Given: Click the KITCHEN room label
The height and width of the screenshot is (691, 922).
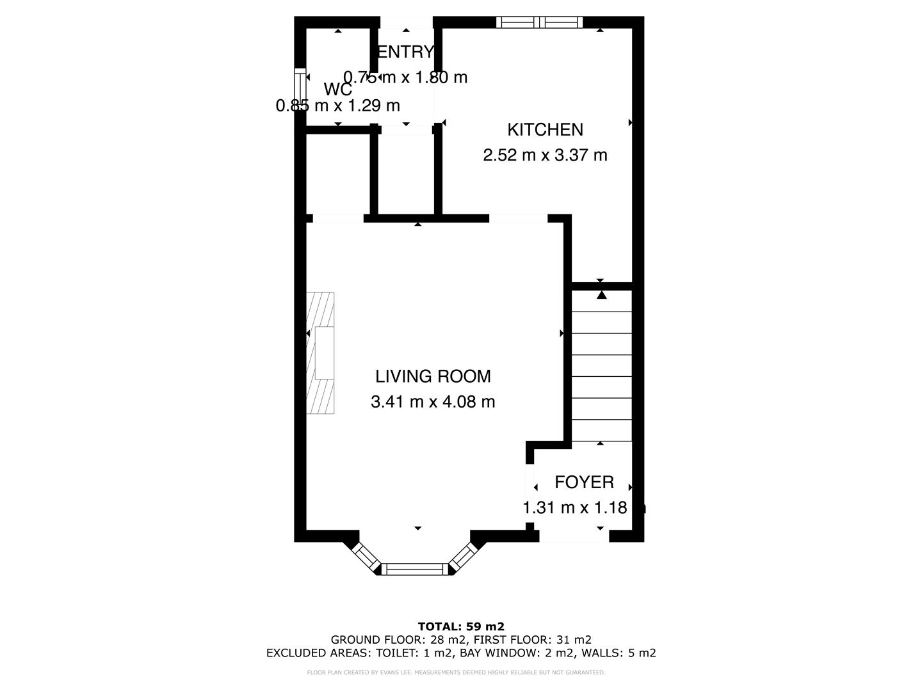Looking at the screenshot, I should click(x=545, y=129).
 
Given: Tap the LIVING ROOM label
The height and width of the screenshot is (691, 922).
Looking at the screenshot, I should click(x=433, y=376).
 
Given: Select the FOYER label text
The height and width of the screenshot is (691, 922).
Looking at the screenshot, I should click(x=584, y=482).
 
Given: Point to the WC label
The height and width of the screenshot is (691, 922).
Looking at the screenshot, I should click(x=337, y=90).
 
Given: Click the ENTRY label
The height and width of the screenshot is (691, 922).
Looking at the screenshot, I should click(x=405, y=52).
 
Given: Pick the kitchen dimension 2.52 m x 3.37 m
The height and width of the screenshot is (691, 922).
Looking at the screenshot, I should click(x=545, y=155).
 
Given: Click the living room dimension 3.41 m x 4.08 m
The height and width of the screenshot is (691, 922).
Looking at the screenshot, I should click(x=433, y=402).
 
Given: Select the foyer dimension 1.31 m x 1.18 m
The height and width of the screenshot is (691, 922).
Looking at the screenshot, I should click(x=584, y=508).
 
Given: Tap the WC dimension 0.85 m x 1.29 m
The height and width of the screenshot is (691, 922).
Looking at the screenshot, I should click(x=337, y=106).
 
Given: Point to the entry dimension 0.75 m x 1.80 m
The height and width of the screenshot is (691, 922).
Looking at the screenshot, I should click(x=405, y=77).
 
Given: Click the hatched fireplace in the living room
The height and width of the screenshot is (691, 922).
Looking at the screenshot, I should click(x=320, y=353).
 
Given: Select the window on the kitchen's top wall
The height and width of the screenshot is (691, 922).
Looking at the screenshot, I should click(x=539, y=22).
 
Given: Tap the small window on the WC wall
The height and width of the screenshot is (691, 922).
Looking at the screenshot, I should click(x=299, y=90).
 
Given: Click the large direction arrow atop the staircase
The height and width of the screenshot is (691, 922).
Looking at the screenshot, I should click(x=601, y=295).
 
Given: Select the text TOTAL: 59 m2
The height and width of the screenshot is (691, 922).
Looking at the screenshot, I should click(x=461, y=626).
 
